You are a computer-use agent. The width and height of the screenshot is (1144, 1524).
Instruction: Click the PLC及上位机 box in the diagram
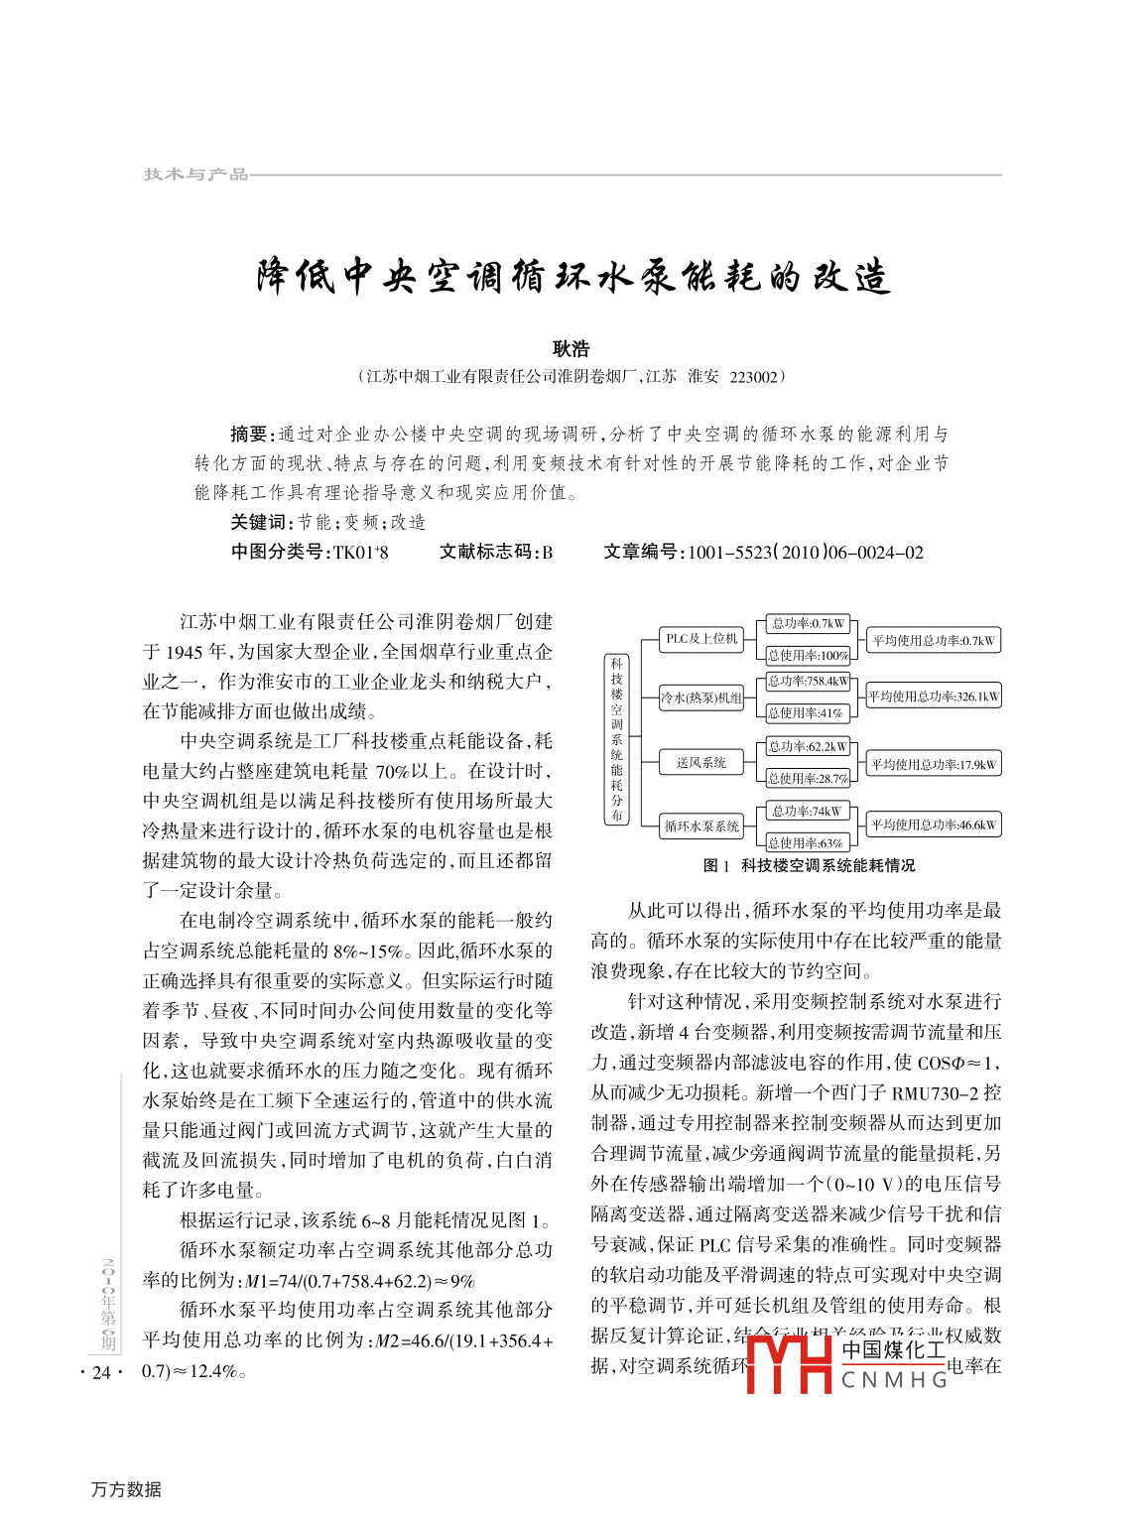[701, 639]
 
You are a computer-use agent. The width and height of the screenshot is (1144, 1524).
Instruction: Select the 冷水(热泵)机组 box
[701, 698]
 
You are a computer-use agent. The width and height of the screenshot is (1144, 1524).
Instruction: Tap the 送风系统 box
[701, 762]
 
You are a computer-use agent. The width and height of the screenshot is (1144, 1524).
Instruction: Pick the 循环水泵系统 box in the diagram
[701, 825]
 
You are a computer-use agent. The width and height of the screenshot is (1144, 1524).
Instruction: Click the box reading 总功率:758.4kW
[809, 682]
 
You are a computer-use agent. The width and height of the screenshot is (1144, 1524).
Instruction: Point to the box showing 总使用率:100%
[809, 655]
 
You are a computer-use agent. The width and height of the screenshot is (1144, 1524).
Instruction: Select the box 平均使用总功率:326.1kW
[934, 697]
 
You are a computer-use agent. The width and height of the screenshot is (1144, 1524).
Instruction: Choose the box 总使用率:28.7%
[809, 779]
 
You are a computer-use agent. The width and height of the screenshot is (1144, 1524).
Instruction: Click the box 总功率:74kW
[809, 812]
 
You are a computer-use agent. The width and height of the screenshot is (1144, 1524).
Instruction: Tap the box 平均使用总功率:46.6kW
[934, 825]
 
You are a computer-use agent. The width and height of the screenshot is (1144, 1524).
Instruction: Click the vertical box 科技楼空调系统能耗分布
[616, 739]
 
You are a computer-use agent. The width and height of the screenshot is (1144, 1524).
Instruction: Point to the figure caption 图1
[715, 866]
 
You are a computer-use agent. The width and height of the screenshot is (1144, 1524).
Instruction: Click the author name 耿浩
[571, 348]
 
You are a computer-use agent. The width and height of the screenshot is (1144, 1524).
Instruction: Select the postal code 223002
[754, 377]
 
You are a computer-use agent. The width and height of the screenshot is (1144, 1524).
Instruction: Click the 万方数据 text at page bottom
[126, 1489]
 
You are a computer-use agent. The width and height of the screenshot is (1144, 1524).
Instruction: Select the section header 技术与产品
[195, 175]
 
